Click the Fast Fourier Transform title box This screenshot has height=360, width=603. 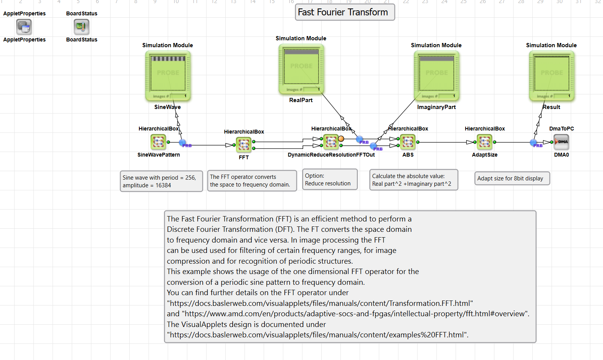pyautogui.click(x=344, y=12)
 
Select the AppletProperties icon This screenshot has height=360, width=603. pyautogui.click(x=24, y=27)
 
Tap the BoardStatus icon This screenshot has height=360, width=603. pyautogui.click(x=81, y=27)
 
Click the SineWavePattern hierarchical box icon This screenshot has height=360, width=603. pyautogui.click(x=158, y=142)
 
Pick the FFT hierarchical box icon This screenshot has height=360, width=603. pyautogui.click(x=244, y=145)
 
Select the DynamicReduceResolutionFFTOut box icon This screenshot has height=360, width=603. pyautogui.click(x=331, y=142)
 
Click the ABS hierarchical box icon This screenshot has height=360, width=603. pyautogui.click(x=408, y=142)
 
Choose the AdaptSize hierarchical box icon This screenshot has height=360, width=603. pyautogui.click(x=484, y=142)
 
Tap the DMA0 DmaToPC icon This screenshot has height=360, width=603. pyautogui.click(x=561, y=142)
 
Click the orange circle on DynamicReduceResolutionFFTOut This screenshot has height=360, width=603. pyautogui.click(x=341, y=139)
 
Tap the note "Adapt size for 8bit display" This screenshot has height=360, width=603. pyautogui.click(x=512, y=178)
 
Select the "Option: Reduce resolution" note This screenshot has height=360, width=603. pyautogui.click(x=329, y=180)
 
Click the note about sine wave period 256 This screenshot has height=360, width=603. pyautogui.click(x=161, y=182)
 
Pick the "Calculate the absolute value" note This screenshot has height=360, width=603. pyautogui.click(x=413, y=180)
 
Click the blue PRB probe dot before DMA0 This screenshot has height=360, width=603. pyautogui.click(x=534, y=143)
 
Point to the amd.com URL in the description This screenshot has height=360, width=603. pyautogui.click(x=355, y=314)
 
